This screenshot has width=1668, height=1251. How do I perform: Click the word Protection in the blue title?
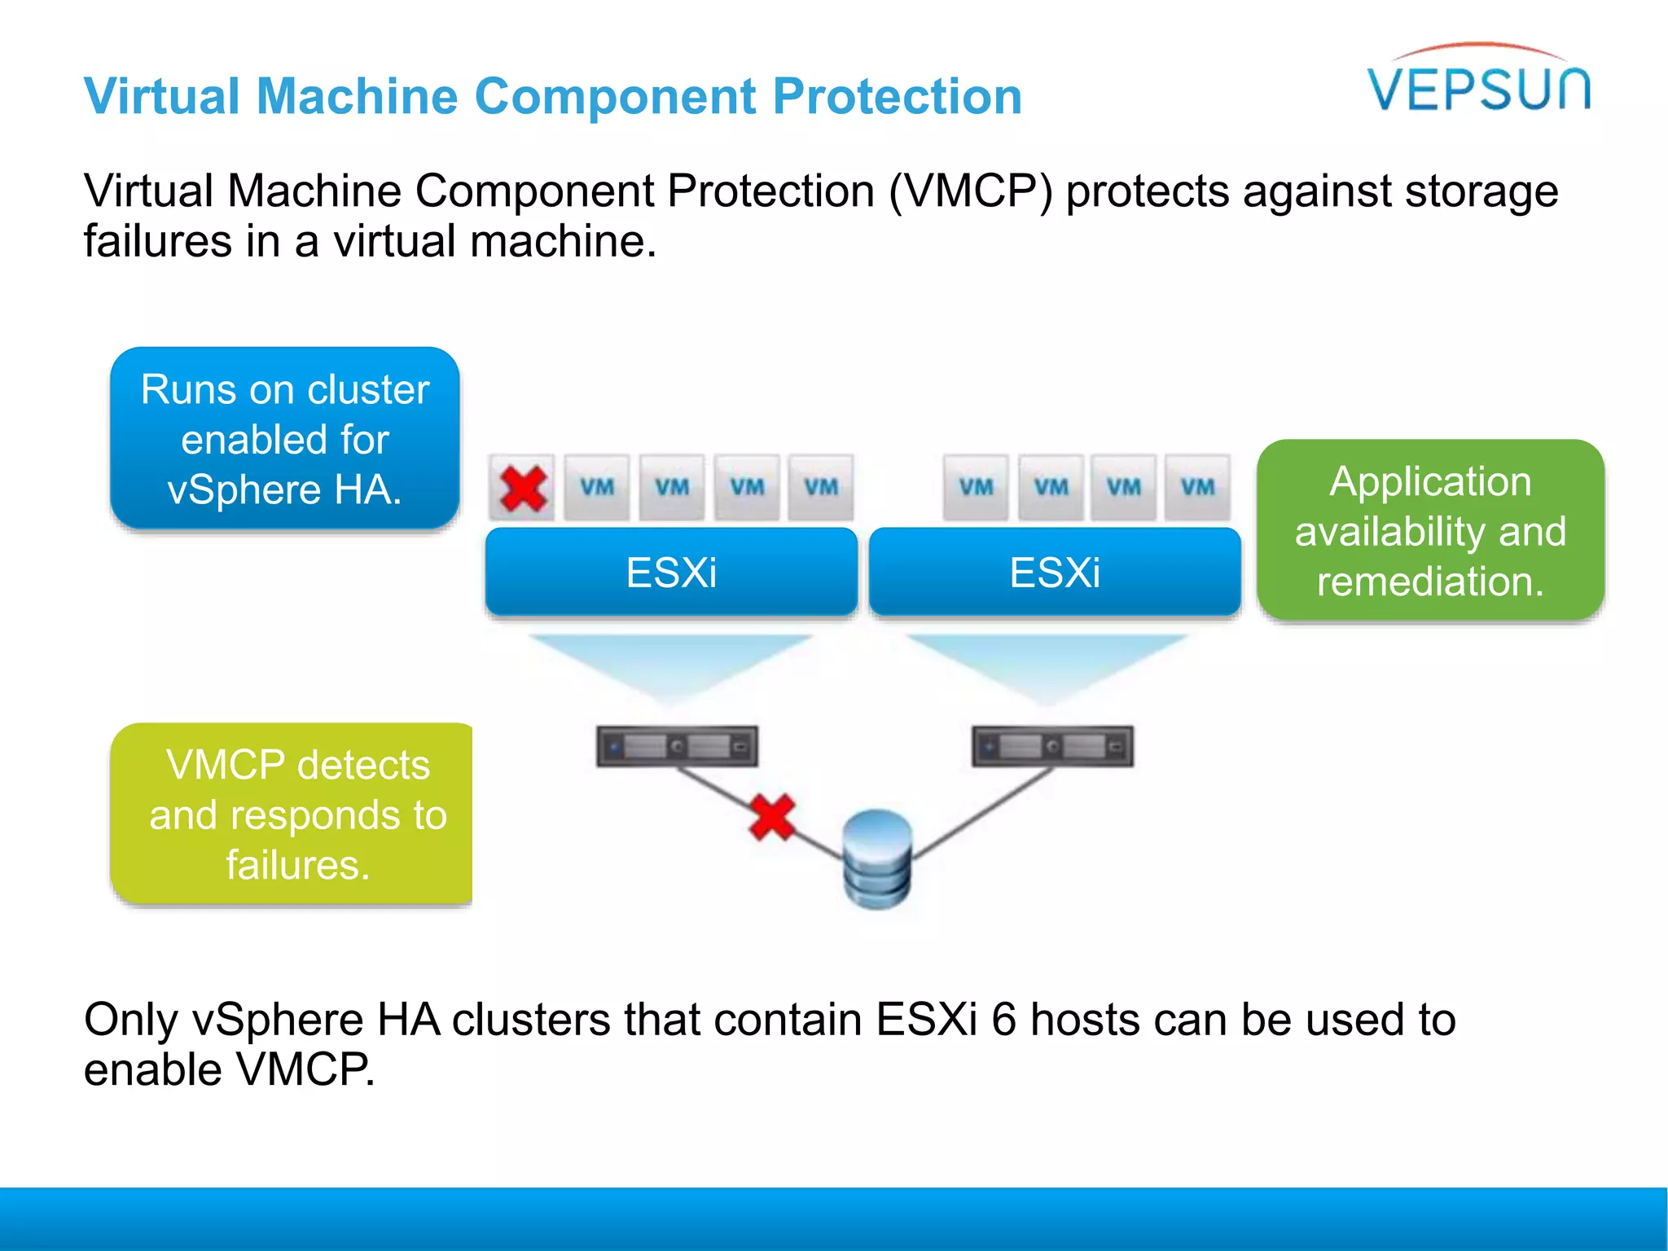(897, 96)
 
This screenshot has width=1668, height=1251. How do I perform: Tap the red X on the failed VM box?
(523, 488)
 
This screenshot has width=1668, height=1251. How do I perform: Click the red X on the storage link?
(771, 817)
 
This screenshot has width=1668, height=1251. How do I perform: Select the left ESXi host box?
(671, 572)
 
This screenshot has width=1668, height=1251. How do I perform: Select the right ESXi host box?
(1055, 572)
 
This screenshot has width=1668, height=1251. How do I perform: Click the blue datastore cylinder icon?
(877, 858)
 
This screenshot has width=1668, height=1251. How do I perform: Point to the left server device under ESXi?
(677, 746)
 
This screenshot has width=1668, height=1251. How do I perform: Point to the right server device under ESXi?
(1052, 746)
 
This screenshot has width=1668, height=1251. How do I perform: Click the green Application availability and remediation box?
(1430, 531)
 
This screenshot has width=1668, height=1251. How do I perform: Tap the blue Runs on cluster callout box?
(285, 439)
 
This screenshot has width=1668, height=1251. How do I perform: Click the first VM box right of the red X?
(597, 488)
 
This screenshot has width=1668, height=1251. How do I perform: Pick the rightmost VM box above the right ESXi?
(1197, 488)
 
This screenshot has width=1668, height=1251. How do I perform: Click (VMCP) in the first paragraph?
(970, 191)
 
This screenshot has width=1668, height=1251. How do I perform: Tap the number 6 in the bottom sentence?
(1003, 1020)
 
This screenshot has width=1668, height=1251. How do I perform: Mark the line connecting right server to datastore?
(981, 814)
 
